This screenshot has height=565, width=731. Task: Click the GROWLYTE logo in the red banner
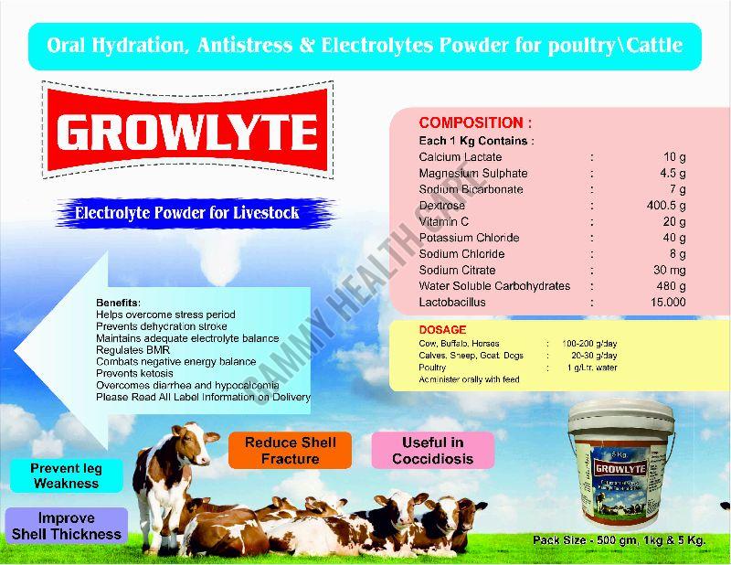point(187,133)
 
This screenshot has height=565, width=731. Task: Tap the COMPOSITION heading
point(474,123)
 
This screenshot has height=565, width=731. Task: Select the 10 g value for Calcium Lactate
point(674,157)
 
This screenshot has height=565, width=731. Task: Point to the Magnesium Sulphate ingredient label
point(472,174)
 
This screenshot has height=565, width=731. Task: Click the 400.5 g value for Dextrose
point(666,206)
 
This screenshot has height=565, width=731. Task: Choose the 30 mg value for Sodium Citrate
point(670,271)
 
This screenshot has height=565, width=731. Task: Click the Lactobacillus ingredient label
point(452,303)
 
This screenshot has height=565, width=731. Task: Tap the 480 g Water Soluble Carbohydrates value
point(671,286)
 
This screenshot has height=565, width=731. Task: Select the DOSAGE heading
point(442,330)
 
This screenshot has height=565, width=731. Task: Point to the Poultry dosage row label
point(434,368)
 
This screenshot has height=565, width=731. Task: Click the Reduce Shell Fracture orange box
point(290,450)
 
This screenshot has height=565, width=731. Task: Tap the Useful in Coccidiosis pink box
point(432,450)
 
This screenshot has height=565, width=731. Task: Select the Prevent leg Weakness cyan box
point(66,475)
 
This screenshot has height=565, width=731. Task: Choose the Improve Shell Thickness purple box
point(66,527)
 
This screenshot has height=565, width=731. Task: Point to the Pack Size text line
point(622,541)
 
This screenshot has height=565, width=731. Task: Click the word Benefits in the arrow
point(118,303)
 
